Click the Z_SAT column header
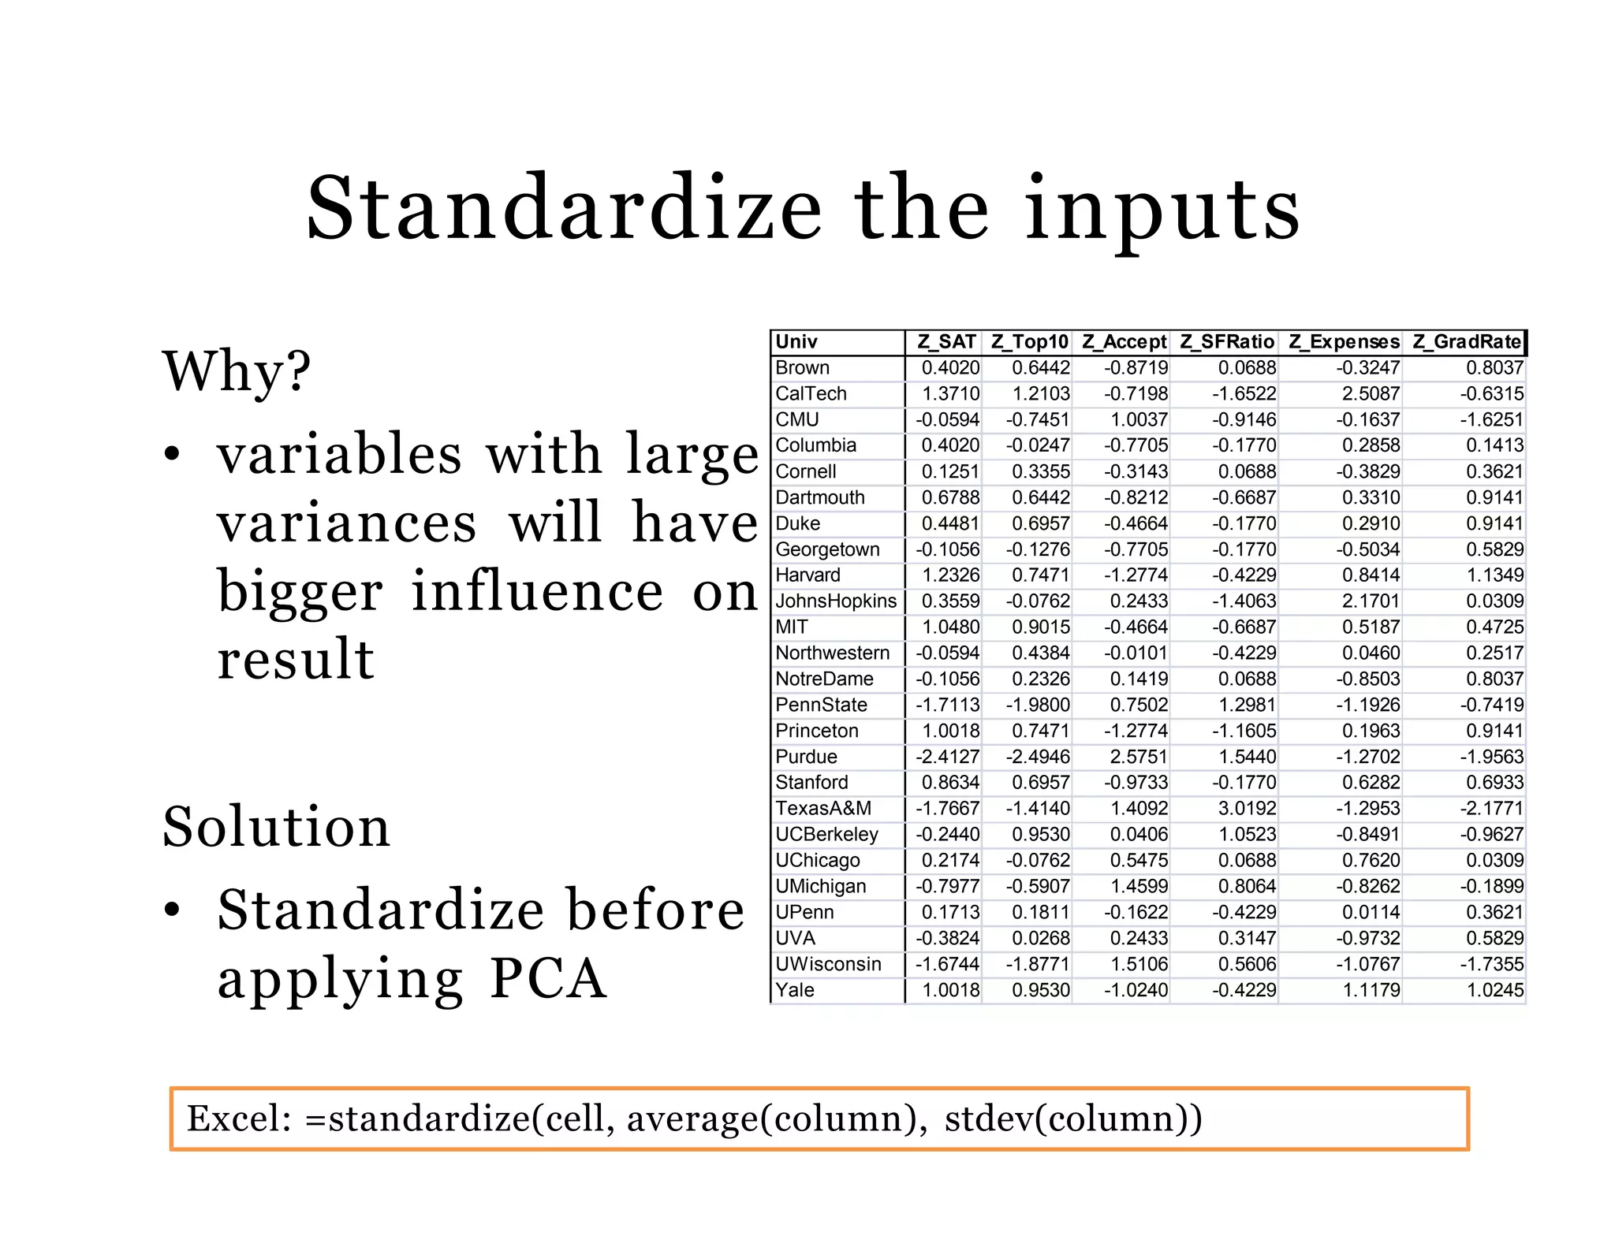[x=946, y=342]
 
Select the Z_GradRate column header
[x=1467, y=342]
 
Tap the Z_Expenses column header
[x=1344, y=342]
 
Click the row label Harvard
[x=807, y=575]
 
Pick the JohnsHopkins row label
[x=836, y=601]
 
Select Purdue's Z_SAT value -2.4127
[x=947, y=757]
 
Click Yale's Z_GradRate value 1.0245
[x=1494, y=990]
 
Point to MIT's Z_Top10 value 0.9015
[x=1041, y=627]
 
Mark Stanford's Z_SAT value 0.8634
[x=950, y=783]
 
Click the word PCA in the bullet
[x=548, y=979]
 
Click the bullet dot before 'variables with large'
[x=172, y=455]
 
